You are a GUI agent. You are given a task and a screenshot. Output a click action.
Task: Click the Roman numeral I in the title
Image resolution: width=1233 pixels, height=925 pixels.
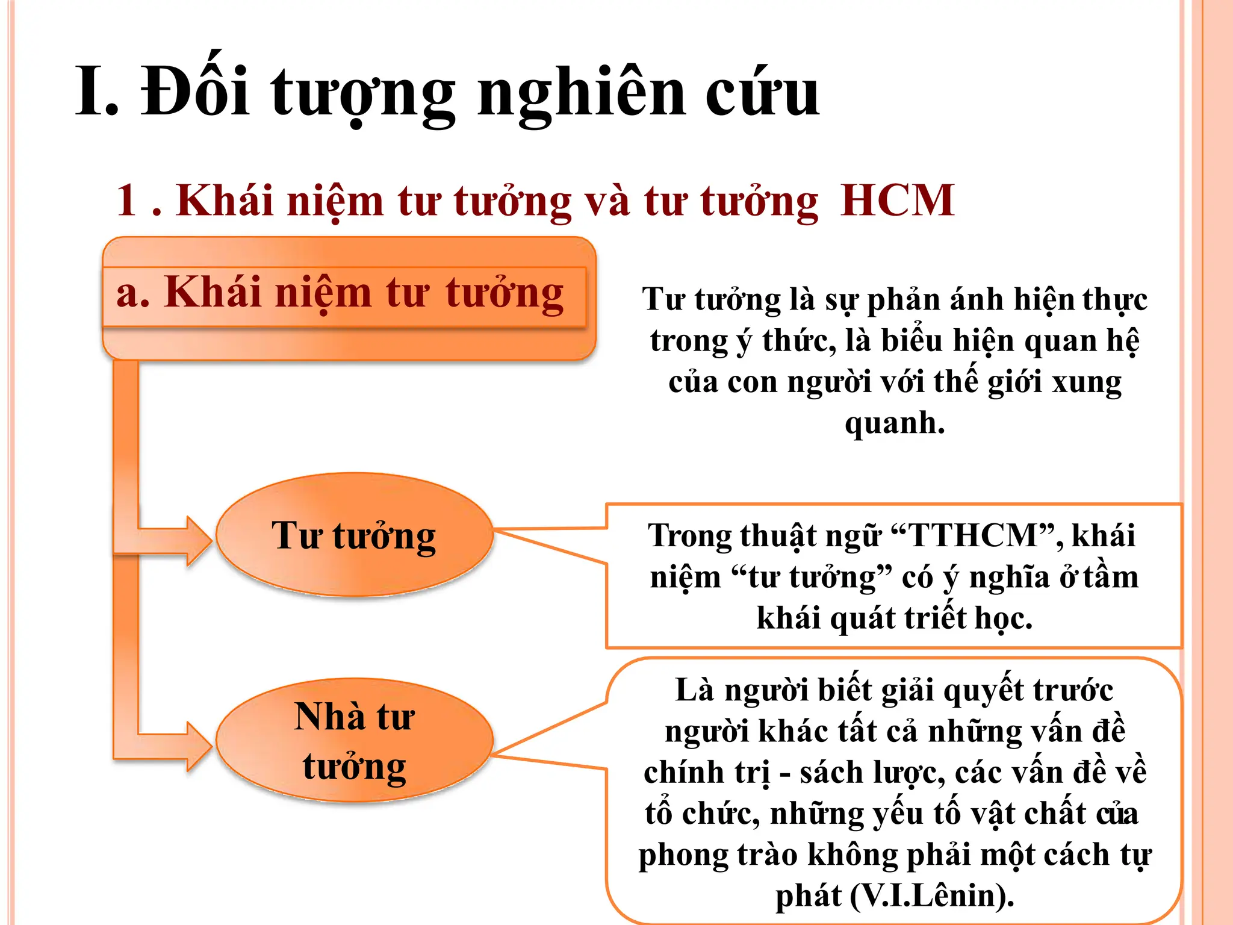point(90,92)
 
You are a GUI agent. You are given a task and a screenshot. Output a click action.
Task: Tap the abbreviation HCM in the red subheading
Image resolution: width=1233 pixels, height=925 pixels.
point(897,200)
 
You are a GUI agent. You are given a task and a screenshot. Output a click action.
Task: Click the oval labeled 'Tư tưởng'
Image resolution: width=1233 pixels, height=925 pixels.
point(354,535)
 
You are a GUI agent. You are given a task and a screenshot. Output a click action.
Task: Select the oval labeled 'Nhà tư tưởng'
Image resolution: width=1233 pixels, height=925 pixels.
point(354,741)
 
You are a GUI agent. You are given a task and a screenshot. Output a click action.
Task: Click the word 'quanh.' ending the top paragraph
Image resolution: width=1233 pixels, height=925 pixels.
point(895,423)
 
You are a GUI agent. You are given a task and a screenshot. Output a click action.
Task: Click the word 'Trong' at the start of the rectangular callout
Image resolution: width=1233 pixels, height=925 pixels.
point(689,535)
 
